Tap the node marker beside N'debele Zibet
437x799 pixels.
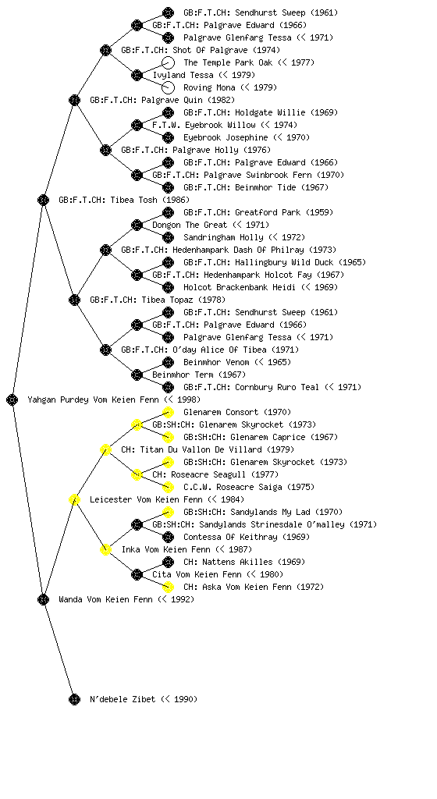click(x=74, y=699)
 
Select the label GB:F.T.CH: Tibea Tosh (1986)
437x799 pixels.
click(x=124, y=200)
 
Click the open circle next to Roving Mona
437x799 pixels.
click(x=168, y=87)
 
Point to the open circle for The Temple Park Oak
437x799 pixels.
click(x=168, y=62)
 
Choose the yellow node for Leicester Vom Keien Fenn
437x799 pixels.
click(x=74, y=499)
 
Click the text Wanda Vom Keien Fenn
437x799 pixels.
click(x=105, y=599)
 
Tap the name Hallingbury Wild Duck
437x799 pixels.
click(x=282, y=262)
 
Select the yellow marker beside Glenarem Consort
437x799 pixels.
click(x=168, y=412)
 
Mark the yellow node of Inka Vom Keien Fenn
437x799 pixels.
click(x=105, y=549)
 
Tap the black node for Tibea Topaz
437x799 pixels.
click(x=74, y=300)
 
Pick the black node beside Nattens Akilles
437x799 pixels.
click(x=168, y=562)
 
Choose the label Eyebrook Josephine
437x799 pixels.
click(x=226, y=137)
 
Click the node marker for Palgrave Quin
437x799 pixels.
click(x=74, y=100)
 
